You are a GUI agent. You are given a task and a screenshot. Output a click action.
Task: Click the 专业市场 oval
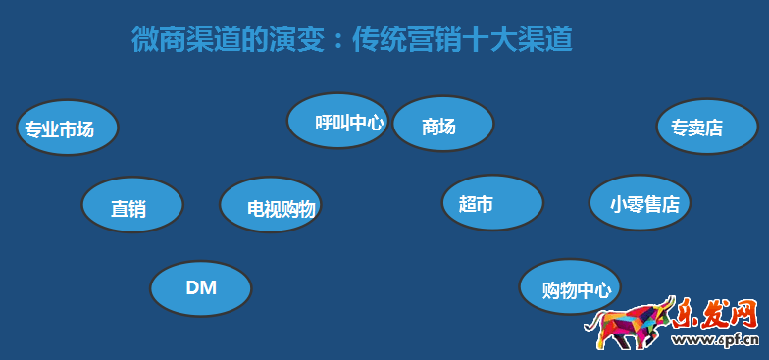(68, 129)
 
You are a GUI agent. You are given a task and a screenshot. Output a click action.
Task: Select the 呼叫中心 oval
(337, 122)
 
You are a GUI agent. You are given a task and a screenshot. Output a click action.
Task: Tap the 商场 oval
(442, 125)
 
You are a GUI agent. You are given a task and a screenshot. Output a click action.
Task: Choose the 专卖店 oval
(706, 127)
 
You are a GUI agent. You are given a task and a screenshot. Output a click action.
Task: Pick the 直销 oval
(132, 206)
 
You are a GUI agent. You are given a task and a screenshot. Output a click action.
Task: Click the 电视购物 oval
(270, 206)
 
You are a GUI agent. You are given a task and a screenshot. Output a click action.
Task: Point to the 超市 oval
(492, 203)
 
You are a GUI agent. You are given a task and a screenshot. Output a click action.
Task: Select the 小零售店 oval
(640, 203)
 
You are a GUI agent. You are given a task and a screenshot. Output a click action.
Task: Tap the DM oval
(201, 287)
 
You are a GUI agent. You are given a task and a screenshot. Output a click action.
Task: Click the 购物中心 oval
(570, 287)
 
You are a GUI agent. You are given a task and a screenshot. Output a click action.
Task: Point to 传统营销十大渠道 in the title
(461, 40)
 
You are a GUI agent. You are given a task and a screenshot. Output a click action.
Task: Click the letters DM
(201, 287)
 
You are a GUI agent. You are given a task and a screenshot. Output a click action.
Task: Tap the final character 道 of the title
(558, 40)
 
